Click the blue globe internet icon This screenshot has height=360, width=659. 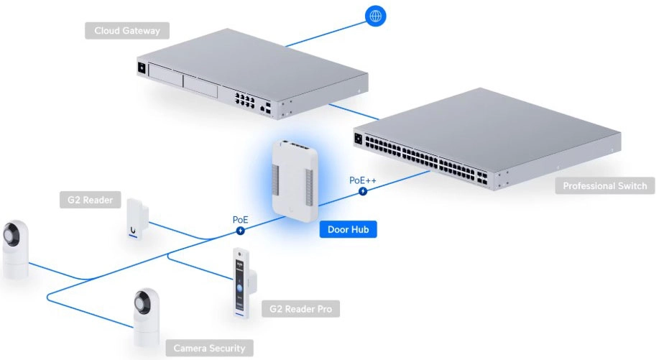[x=375, y=16]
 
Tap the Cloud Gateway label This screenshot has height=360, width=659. [x=127, y=31]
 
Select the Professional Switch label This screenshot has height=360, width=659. [x=605, y=186]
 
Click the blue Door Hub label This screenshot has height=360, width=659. [x=348, y=229]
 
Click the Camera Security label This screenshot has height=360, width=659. [x=209, y=349]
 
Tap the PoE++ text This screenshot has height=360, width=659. [x=363, y=180]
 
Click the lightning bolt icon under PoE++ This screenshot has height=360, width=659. [x=364, y=191]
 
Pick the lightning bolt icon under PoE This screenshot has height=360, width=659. [x=240, y=231]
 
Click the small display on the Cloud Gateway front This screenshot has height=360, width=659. [x=142, y=68]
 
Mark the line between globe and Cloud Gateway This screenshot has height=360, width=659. [x=328, y=33]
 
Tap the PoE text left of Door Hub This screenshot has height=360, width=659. [x=240, y=219]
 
